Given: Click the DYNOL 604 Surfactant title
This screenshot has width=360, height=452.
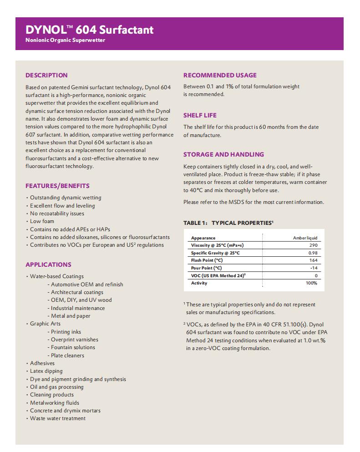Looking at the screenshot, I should click(90, 30).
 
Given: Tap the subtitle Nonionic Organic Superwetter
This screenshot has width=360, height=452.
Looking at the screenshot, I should click(66, 41).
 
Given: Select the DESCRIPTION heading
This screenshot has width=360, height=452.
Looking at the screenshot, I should click(46, 75).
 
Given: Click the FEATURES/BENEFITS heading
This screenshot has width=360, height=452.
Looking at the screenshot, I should click(57, 186).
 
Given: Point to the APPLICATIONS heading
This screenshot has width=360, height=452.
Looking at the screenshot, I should click(48, 264).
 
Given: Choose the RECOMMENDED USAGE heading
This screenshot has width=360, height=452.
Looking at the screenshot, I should click(220, 75).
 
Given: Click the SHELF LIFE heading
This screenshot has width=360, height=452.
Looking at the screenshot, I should click(200, 115).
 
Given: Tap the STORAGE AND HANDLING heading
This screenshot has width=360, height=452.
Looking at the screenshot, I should click(223, 154).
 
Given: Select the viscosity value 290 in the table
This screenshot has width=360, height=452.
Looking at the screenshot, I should click(313, 245).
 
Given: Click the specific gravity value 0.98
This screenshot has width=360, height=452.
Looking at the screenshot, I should click(313, 253).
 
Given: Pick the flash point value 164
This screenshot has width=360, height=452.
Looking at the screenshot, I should click(313, 260).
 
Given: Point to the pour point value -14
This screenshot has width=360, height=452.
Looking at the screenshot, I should click(314, 268).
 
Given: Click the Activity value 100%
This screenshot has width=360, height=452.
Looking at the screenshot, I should click(311, 283).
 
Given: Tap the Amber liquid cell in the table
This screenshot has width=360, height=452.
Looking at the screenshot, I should click(305, 238).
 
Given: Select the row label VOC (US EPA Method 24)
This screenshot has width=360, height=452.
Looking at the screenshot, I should click(218, 275).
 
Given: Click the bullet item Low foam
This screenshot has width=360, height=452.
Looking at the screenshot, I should click(42, 221).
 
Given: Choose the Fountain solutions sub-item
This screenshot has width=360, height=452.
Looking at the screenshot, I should click(73, 347).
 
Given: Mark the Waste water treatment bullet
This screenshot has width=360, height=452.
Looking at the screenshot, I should click(58, 418).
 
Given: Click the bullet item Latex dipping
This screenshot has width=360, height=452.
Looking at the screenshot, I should click(46, 371).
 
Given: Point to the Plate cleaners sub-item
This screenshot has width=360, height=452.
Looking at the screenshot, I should click(67, 356).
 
